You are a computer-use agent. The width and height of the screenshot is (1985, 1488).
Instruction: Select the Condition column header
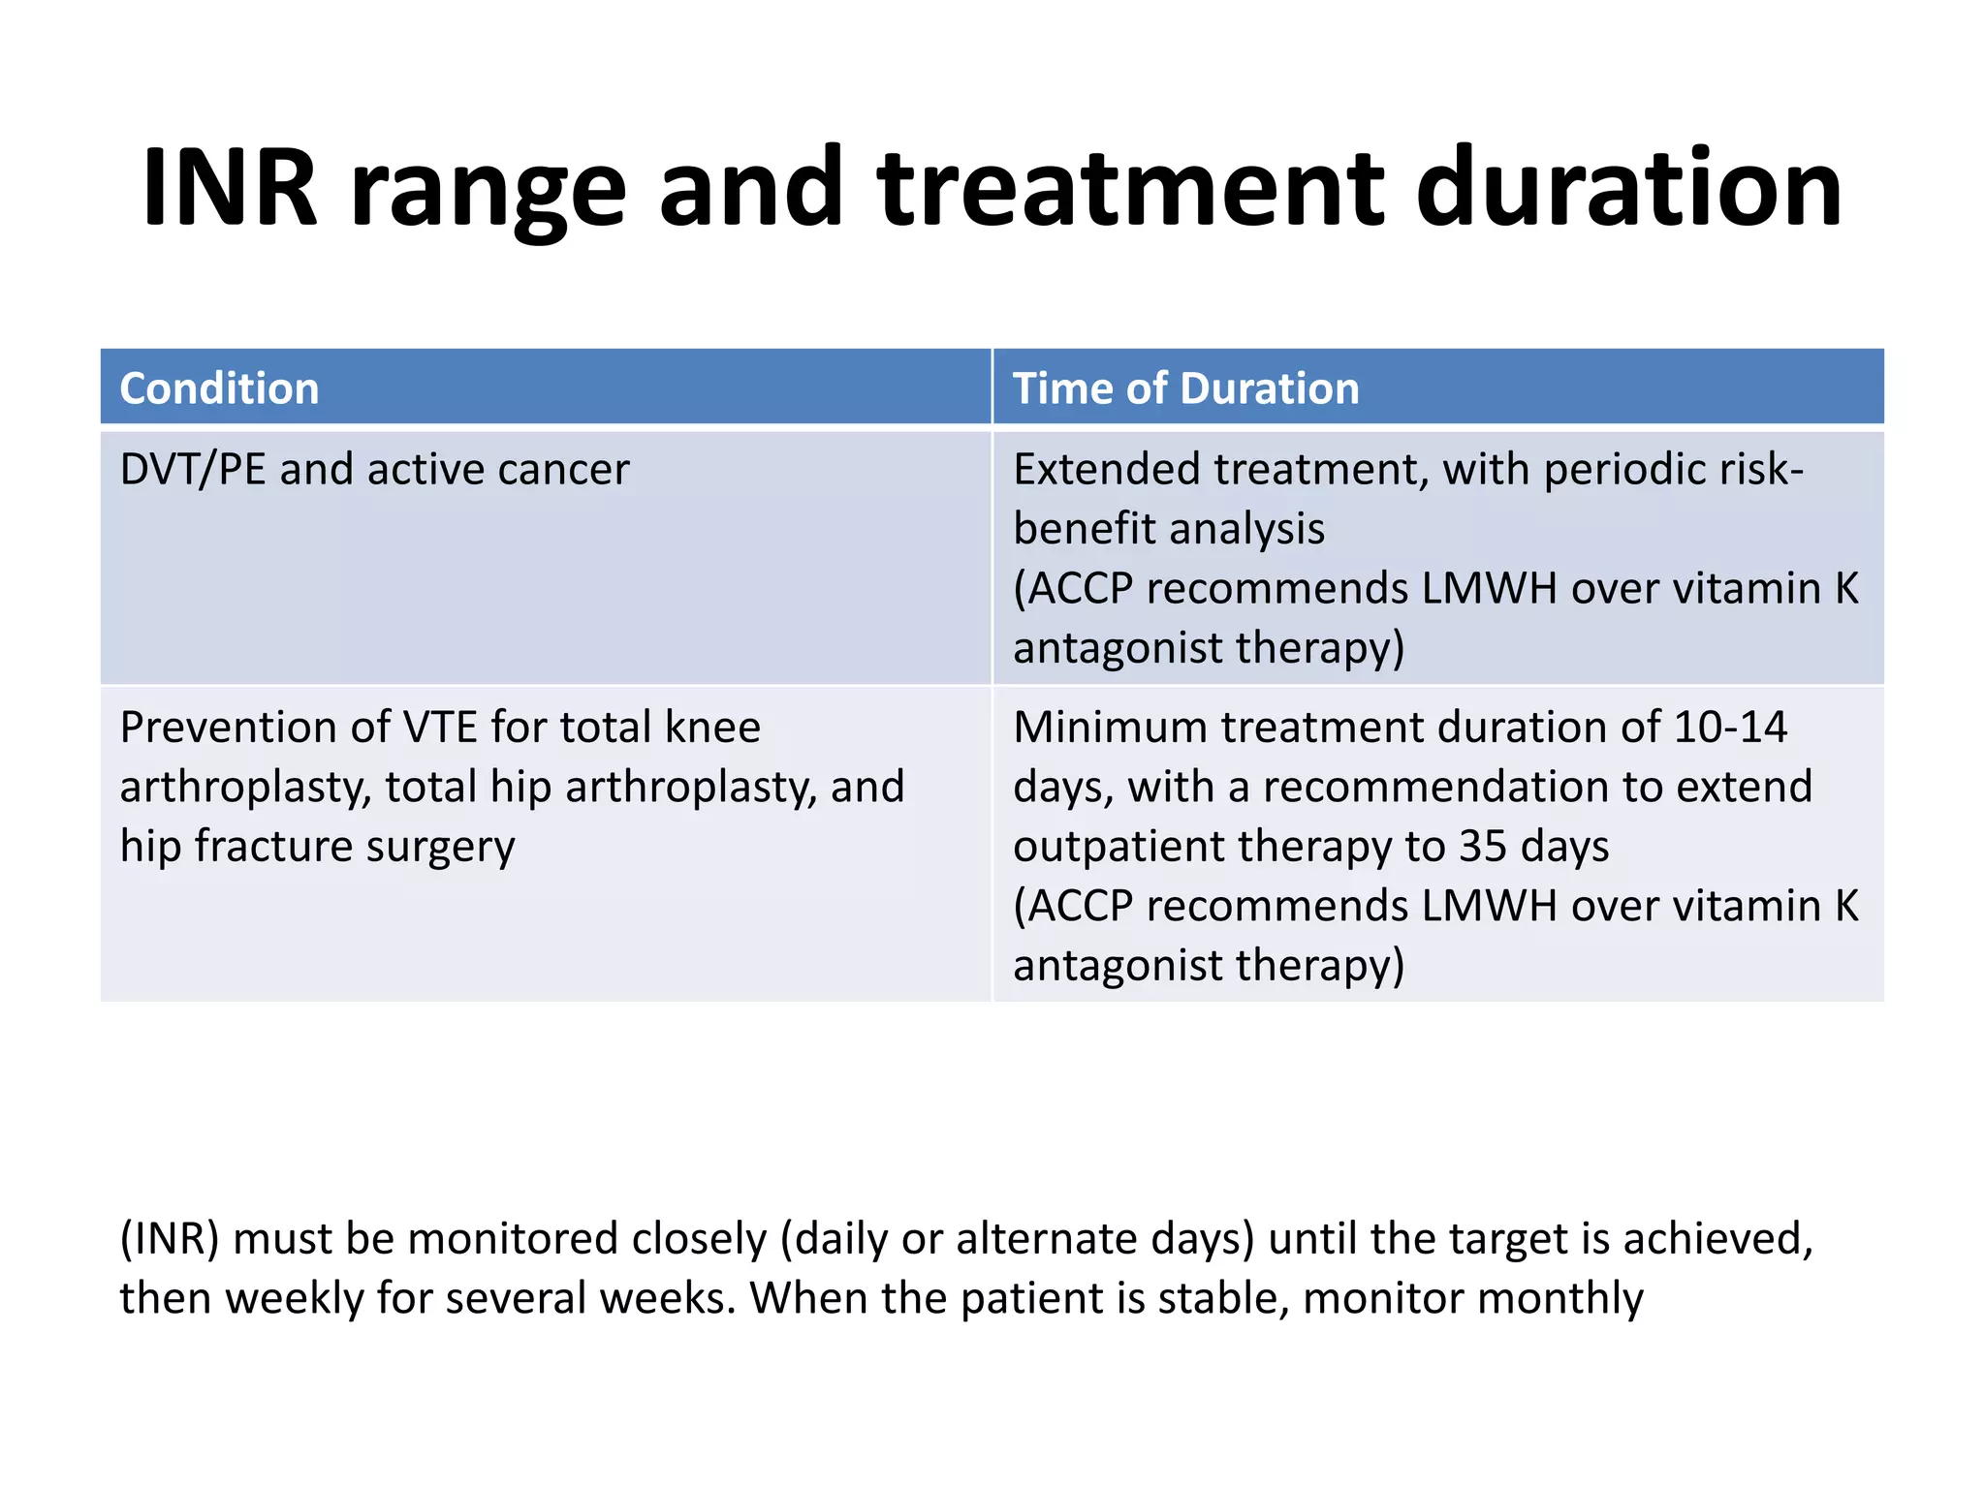point(219,388)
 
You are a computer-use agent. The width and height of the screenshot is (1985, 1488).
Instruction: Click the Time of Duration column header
point(1185,388)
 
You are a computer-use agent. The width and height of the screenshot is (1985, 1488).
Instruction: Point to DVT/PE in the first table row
point(192,470)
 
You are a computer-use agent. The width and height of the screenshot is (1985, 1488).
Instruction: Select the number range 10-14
point(1729,728)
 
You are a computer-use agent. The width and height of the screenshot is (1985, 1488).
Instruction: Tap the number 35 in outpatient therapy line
point(1483,847)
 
